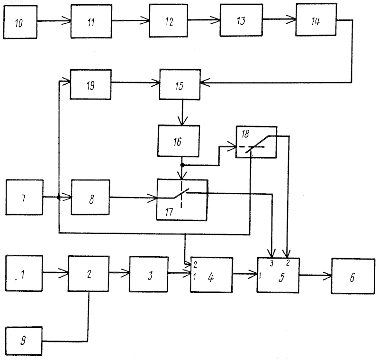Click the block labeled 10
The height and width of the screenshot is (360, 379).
[20, 22]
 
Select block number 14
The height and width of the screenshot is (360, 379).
[316, 19]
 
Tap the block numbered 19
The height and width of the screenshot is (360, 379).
[90, 84]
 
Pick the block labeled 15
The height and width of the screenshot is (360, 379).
[180, 84]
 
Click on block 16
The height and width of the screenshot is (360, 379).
[179, 141]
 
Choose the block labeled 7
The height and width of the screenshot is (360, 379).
[25, 197]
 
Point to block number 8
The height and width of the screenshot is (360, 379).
[90, 197]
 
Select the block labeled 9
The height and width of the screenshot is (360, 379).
[24, 341]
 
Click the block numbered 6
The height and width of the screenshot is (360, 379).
[353, 276]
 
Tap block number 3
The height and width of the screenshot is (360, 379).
[149, 274]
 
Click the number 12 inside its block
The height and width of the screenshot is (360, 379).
[169, 21]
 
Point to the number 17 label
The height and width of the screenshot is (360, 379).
[169, 212]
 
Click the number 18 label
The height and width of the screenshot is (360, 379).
[245, 134]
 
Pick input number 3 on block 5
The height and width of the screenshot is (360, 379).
[271, 263]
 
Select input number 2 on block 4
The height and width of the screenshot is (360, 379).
[195, 265]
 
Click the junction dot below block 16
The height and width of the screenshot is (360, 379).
[182, 165]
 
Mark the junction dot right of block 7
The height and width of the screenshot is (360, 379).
[58, 197]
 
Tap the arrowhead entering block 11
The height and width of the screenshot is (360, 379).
[67, 21]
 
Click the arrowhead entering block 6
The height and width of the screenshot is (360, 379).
[327, 276]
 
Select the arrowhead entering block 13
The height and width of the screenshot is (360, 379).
[216, 20]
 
